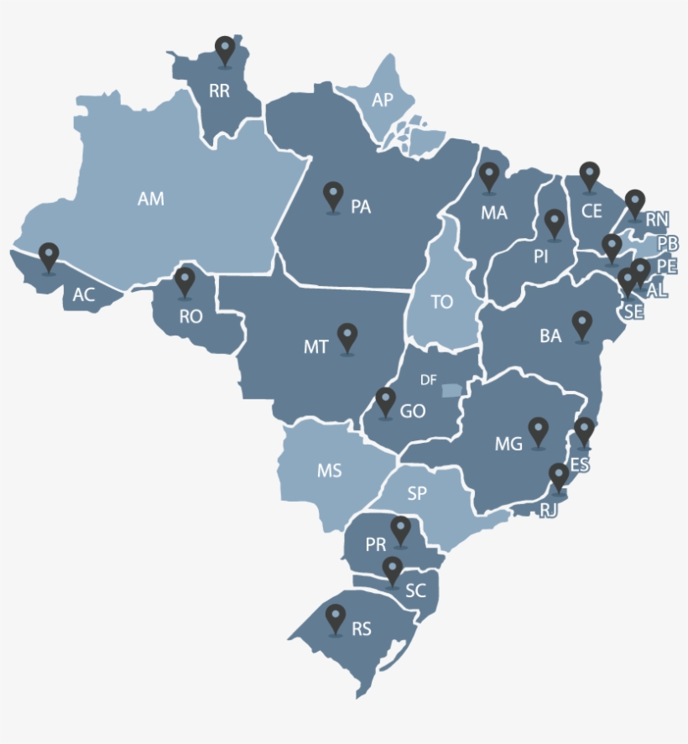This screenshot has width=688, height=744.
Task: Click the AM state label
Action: tap(151, 199)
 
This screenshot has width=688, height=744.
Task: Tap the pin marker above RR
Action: tap(224, 50)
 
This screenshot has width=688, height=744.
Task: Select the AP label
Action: tap(383, 101)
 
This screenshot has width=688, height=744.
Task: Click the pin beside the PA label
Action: tap(333, 196)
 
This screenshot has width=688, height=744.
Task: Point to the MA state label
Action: tap(494, 213)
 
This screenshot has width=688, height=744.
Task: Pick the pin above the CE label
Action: tap(590, 176)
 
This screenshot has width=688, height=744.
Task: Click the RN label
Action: tap(657, 220)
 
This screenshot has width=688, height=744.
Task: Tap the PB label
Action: tap(668, 243)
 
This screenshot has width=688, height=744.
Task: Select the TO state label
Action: tap(441, 302)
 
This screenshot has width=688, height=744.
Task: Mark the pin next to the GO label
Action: tap(385, 402)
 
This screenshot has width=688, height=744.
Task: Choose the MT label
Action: tap(315, 347)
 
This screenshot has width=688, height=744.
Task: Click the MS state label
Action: tap(329, 471)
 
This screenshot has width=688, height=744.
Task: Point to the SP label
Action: tap(417, 494)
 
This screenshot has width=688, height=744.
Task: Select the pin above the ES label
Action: tap(584, 432)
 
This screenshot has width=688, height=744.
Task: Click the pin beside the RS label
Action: tap(336, 619)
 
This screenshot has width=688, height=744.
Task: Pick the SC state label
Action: tap(415, 591)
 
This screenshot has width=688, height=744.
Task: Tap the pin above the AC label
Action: tap(50, 258)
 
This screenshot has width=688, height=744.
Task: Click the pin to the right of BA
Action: tap(581, 325)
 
